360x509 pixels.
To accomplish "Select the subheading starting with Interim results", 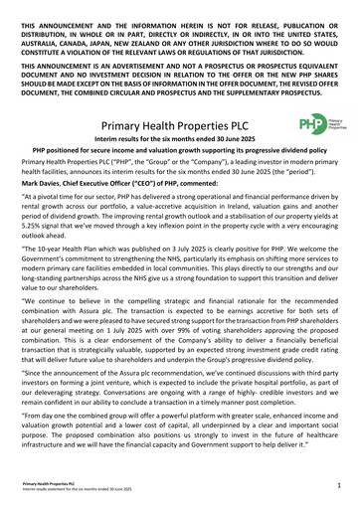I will coord(179,145).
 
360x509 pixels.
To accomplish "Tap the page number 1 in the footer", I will coord(338,488).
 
